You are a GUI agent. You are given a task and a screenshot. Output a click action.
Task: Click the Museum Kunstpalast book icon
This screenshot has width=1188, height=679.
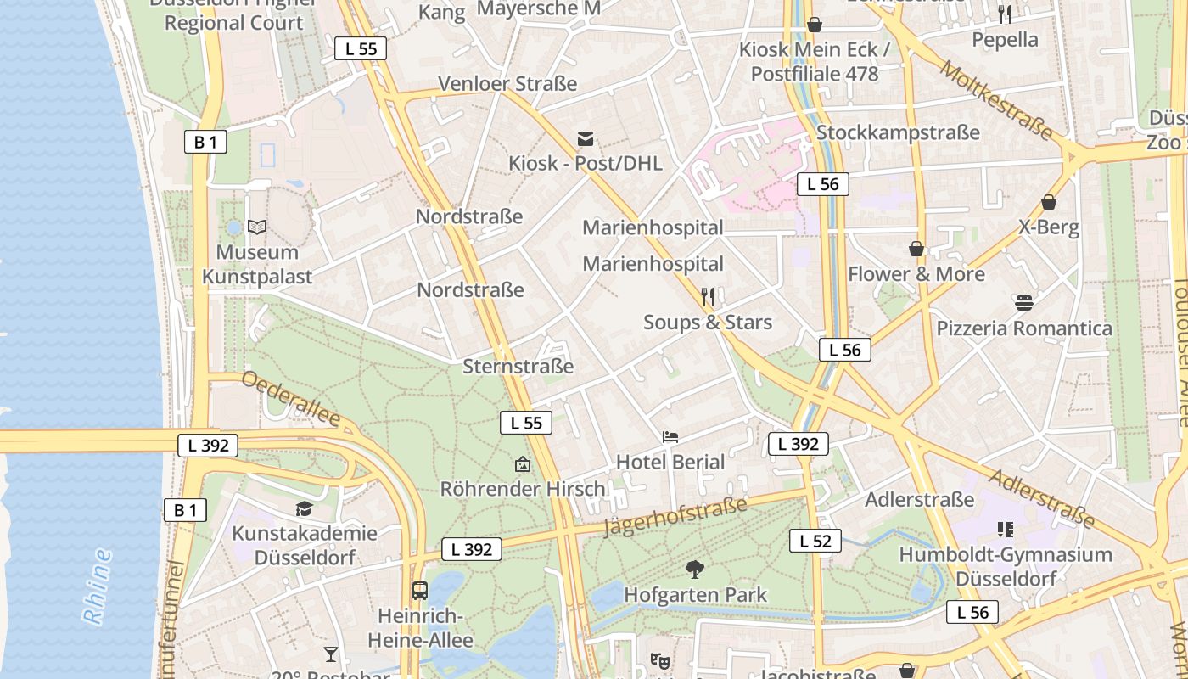(x=257, y=227)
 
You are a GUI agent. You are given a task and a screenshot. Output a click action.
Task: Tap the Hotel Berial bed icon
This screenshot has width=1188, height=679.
(x=670, y=437)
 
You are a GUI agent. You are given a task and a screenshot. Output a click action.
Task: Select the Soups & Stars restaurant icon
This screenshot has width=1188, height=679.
(x=708, y=296)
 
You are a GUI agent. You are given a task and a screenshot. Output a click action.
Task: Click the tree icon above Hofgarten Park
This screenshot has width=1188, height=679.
(x=695, y=570)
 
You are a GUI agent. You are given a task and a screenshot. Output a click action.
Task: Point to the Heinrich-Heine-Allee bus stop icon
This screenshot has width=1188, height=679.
(x=419, y=591)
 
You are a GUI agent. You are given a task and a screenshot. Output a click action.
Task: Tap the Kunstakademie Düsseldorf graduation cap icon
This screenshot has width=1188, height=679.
(x=304, y=508)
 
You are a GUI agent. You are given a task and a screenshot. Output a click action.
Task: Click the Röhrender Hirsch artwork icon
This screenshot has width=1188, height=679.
(x=523, y=464)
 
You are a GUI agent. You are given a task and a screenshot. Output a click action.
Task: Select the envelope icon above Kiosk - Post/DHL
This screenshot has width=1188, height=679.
(x=586, y=139)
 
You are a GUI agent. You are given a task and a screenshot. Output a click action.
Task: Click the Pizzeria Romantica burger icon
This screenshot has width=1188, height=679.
(x=1023, y=303)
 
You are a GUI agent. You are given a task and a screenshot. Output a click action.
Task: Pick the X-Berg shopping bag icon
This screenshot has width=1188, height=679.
(x=1049, y=202)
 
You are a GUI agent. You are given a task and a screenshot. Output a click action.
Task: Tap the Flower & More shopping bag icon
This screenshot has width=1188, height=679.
(x=916, y=249)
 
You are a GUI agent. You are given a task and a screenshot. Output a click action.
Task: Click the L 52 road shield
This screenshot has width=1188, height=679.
(x=815, y=541)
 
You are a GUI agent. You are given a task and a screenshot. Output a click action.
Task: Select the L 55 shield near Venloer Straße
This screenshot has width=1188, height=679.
(x=361, y=48)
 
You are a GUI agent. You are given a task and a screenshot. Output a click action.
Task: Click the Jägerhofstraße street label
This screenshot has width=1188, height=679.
(x=675, y=517)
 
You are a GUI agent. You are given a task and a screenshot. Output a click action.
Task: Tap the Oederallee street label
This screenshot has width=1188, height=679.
(x=291, y=399)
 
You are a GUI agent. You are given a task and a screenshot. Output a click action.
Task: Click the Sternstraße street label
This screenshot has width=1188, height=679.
(x=518, y=367)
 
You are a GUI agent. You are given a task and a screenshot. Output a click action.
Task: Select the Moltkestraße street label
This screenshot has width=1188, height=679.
(x=995, y=99)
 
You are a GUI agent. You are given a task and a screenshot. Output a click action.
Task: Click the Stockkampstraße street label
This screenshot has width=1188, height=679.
(x=898, y=132)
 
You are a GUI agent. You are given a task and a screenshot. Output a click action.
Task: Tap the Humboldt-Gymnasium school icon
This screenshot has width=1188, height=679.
(x=1006, y=530)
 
